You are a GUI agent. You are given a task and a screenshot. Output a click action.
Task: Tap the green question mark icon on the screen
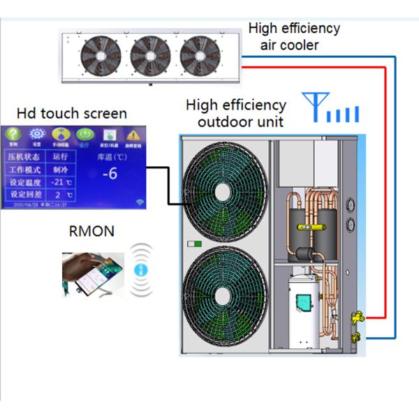pyautogui.click(x=14, y=134)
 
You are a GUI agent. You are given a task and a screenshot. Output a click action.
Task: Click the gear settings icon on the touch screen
pyautogui.click(x=37, y=134)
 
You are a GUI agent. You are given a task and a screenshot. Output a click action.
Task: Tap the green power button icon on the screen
pyautogui.click(x=84, y=134)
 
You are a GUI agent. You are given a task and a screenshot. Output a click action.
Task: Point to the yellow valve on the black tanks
pyautogui.click(x=306, y=228)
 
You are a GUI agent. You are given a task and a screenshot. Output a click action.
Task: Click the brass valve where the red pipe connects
pyautogui.click(x=356, y=317)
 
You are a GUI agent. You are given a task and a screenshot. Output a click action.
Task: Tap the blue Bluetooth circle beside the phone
pyautogui.click(x=141, y=269)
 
